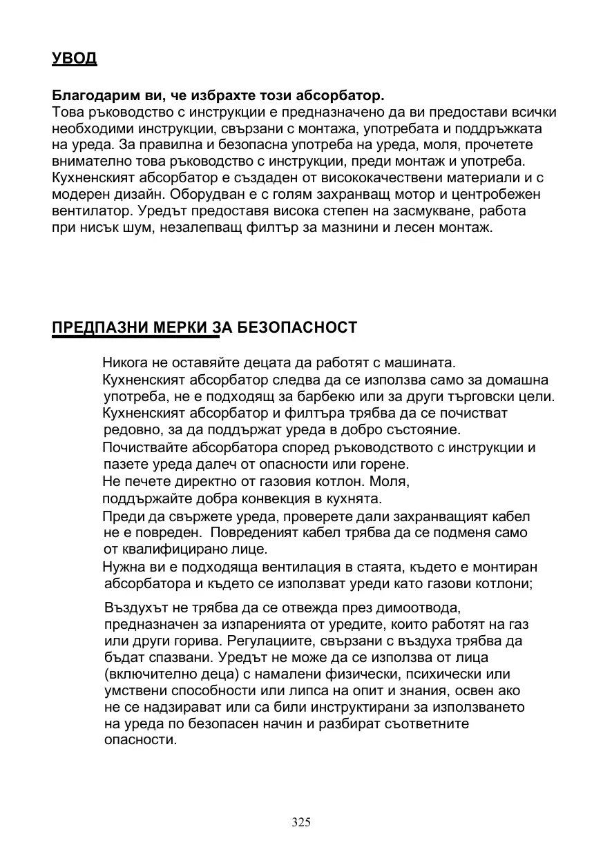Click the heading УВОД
coord(75,58)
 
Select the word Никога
coord(124,362)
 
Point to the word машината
coord(419,362)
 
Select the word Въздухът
coord(133,608)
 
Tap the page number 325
coord(301,822)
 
